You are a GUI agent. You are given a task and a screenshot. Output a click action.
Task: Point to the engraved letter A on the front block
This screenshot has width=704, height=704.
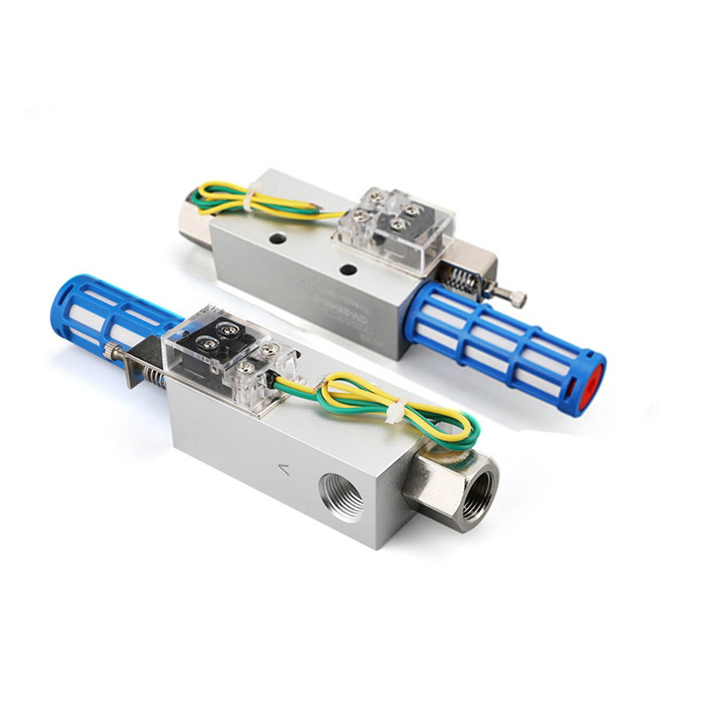click(285, 470)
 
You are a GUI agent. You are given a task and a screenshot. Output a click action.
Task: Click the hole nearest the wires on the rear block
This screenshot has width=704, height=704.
click(276, 238)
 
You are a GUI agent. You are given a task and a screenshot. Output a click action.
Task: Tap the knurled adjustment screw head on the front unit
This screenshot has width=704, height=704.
click(110, 350)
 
